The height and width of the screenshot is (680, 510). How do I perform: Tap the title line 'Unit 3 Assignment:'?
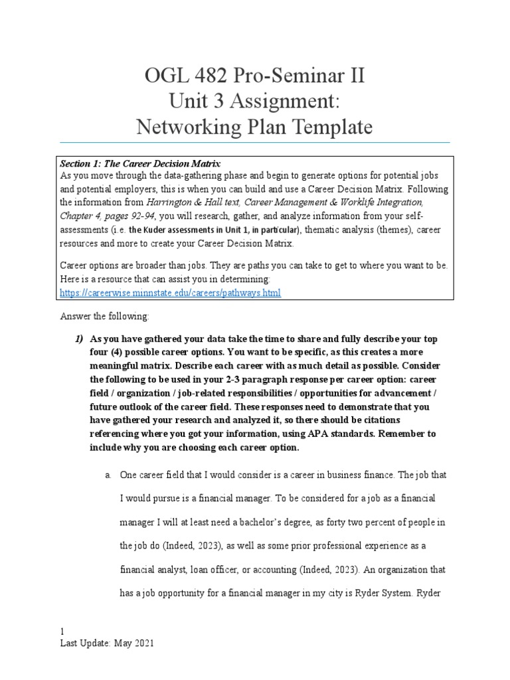tap(254, 101)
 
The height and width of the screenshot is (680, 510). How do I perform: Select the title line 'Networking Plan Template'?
tap(254, 126)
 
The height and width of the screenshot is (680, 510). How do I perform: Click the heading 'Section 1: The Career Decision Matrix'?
tap(140, 163)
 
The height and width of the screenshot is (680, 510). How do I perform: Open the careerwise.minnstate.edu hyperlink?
tap(171, 292)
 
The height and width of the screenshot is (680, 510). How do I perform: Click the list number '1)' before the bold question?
tap(78, 339)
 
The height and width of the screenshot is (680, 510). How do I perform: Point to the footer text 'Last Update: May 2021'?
tap(107, 644)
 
